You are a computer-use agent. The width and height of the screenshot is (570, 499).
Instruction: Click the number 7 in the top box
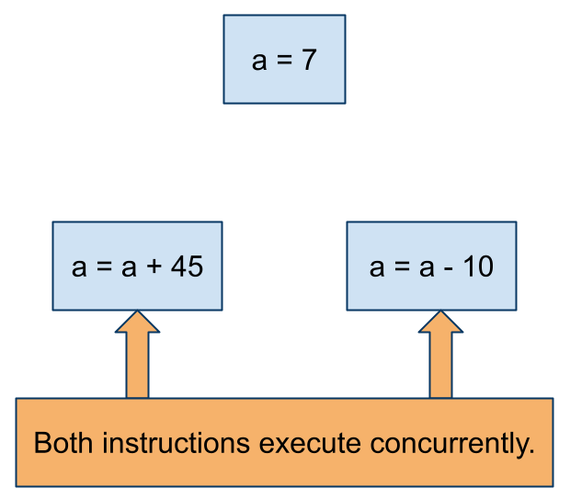[309, 60]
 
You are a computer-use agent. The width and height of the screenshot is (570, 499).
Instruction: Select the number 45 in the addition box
[187, 267]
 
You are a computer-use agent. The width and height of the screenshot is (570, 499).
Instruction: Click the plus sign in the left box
[154, 266]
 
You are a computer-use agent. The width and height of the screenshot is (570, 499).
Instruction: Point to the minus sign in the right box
[449, 269]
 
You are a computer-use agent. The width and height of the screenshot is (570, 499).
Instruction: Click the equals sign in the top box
[284, 59]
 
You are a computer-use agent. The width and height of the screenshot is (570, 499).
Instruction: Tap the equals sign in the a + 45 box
[104, 266]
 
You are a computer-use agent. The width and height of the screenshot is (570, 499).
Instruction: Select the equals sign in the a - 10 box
[402, 266]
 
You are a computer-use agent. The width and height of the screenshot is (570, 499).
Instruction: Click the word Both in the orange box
[63, 443]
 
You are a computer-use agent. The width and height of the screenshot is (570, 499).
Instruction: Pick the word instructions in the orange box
[176, 443]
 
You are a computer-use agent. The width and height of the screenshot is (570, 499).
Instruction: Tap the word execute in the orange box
[310, 444]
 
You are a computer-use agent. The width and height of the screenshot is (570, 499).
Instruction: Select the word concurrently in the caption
[450, 444]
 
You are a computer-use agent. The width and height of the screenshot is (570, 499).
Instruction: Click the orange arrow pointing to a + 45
[137, 354]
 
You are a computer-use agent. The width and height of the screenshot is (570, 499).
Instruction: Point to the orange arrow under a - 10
[440, 354]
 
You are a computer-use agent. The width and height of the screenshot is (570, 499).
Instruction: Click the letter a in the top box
[259, 61]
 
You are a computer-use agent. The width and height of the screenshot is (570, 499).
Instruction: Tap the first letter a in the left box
[79, 267]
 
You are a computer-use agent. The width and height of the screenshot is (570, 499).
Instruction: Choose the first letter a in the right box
[377, 267]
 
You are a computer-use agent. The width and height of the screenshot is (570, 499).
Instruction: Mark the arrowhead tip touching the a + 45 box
[137, 311]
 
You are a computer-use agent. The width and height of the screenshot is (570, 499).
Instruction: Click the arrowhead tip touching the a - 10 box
[440, 311]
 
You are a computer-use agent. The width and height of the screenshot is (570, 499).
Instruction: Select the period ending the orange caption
[531, 451]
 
